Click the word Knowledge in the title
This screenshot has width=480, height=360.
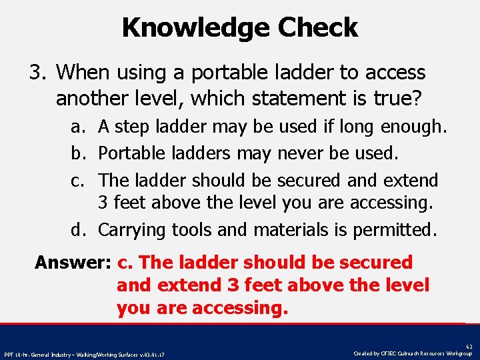pos(196,27)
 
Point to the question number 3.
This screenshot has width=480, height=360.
pos(37,72)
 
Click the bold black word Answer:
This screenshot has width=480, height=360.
pos(73,263)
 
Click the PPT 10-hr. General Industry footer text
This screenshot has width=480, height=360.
pos(84,354)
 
